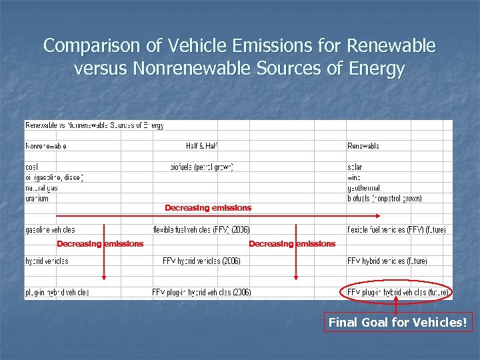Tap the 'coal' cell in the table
(x=31, y=167)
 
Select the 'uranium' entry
(x=37, y=199)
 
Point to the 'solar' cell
(x=355, y=167)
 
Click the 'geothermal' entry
(x=364, y=188)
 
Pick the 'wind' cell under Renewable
(x=354, y=177)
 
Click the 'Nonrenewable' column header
(x=46, y=146)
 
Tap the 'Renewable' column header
(x=363, y=146)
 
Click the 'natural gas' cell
(x=41, y=188)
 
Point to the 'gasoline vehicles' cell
(x=51, y=229)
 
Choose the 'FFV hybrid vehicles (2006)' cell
(x=201, y=261)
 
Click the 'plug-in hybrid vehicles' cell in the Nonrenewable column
(x=57, y=292)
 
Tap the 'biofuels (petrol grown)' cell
(x=202, y=167)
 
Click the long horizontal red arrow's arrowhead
(x=378, y=216)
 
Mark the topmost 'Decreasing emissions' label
(x=208, y=208)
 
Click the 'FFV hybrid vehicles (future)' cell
(x=387, y=261)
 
